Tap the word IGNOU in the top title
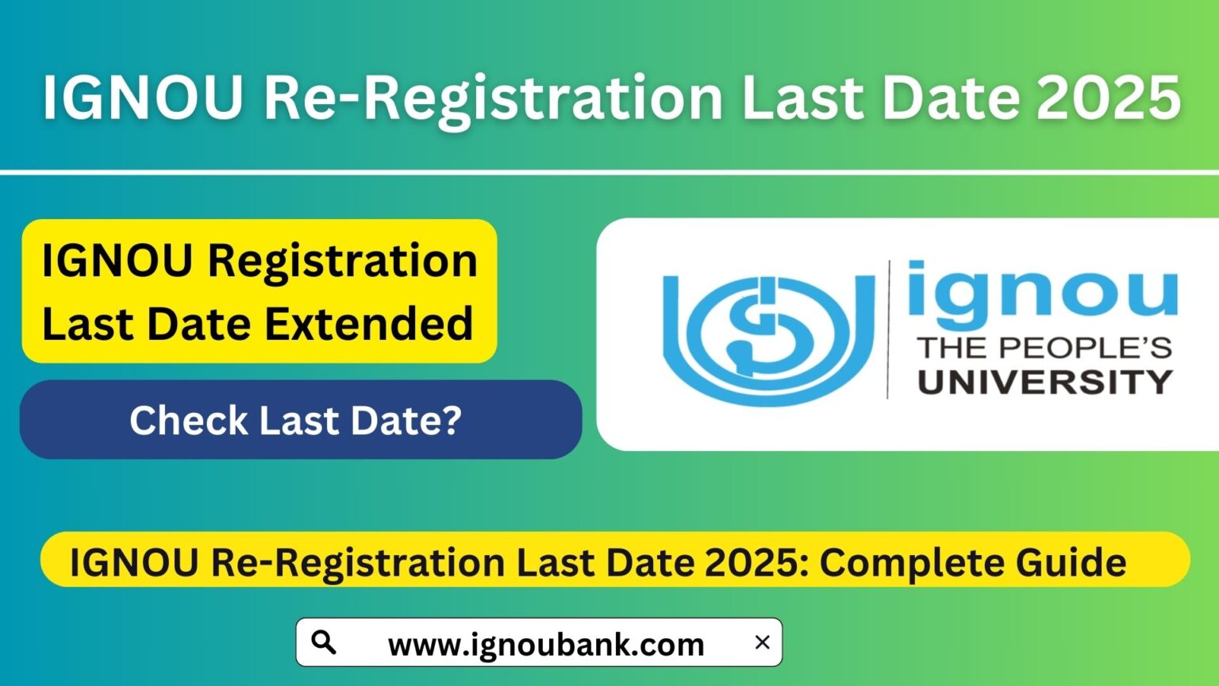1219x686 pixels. coord(143,98)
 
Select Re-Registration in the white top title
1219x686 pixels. coord(493,98)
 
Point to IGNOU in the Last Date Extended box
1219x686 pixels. coord(117,260)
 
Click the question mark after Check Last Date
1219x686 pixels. coord(452,420)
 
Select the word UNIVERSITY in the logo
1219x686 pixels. coord(1045,382)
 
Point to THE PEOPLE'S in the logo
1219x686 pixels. coord(1044,347)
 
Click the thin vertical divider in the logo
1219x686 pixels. coord(888,329)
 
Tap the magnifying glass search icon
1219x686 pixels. coord(324,642)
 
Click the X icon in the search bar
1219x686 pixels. coord(762,642)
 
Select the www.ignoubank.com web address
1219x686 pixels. coord(546,644)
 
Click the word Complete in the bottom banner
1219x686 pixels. coord(898,562)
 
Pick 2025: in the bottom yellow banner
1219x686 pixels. coord(757,562)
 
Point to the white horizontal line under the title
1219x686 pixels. coord(609,171)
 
